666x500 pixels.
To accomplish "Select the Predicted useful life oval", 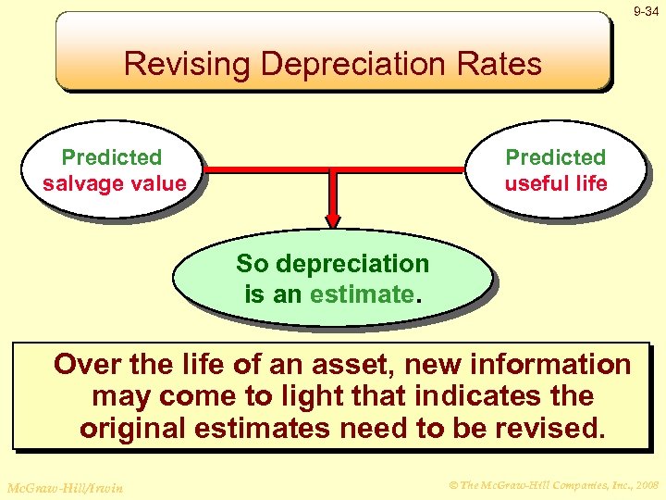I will [x=556, y=170].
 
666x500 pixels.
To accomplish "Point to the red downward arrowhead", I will [x=333, y=219].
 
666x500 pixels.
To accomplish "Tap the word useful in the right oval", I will [x=533, y=183].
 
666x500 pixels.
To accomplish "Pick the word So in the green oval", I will [x=251, y=264].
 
